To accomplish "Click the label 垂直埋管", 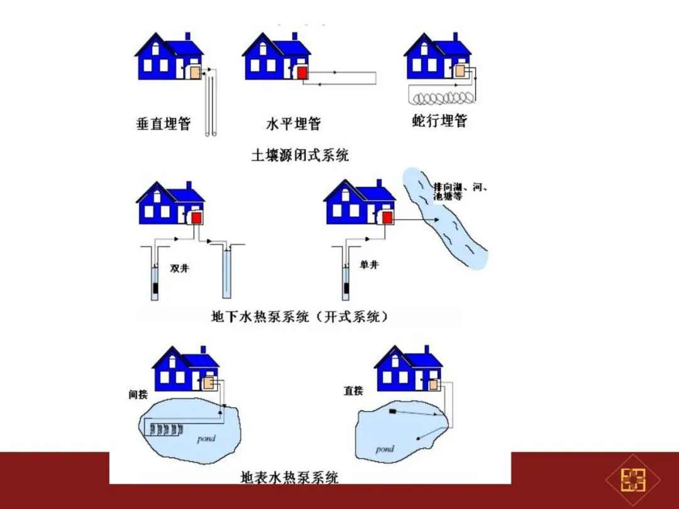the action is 163,123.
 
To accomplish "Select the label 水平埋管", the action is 293,123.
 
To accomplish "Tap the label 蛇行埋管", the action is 440,121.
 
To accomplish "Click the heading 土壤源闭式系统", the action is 300,155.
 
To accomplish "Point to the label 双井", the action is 179,268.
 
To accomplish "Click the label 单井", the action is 370,265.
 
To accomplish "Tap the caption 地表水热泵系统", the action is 290,478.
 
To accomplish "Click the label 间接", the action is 138,395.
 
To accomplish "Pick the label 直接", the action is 353,391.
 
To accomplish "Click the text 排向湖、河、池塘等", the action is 460,192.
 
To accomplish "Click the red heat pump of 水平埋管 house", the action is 302,73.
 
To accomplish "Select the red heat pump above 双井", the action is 196,217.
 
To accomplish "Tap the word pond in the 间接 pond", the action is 206,438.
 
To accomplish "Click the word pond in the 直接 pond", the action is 384,449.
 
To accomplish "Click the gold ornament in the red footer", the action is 633,481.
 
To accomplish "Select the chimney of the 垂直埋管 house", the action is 187,37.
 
